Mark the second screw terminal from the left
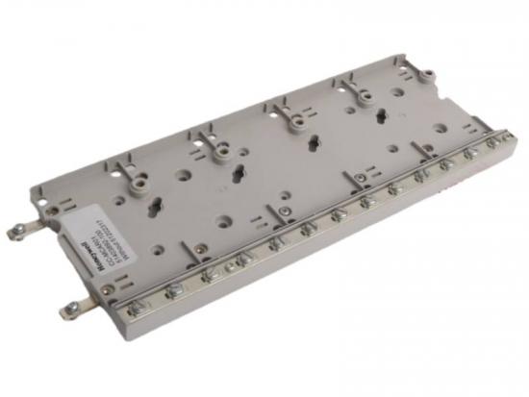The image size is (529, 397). pyautogui.click(x=174, y=289)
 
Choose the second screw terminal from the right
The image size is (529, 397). pyautogui.click(x=471, y=153)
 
